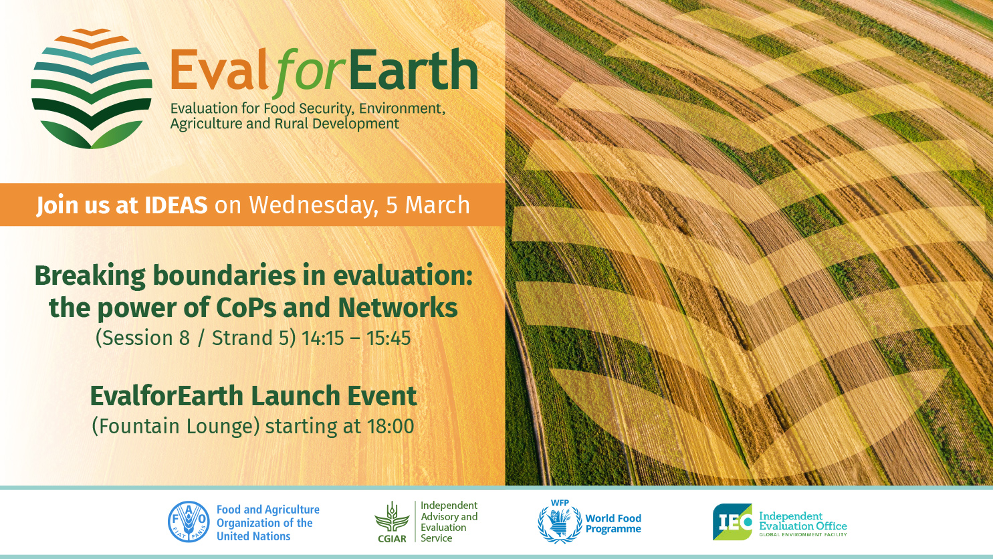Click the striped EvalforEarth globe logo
[92, 88]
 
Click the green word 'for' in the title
[310, 73]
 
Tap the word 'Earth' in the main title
[413, 70]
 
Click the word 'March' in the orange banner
[437, 205]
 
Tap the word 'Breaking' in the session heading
[90, 276]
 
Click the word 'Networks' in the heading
[397, 308]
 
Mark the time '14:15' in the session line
[322, 338]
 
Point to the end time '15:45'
[388, 338]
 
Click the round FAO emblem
[189, 522]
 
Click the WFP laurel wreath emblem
[560, 524]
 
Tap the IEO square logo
[732, 522]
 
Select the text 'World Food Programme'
[613, 524]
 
